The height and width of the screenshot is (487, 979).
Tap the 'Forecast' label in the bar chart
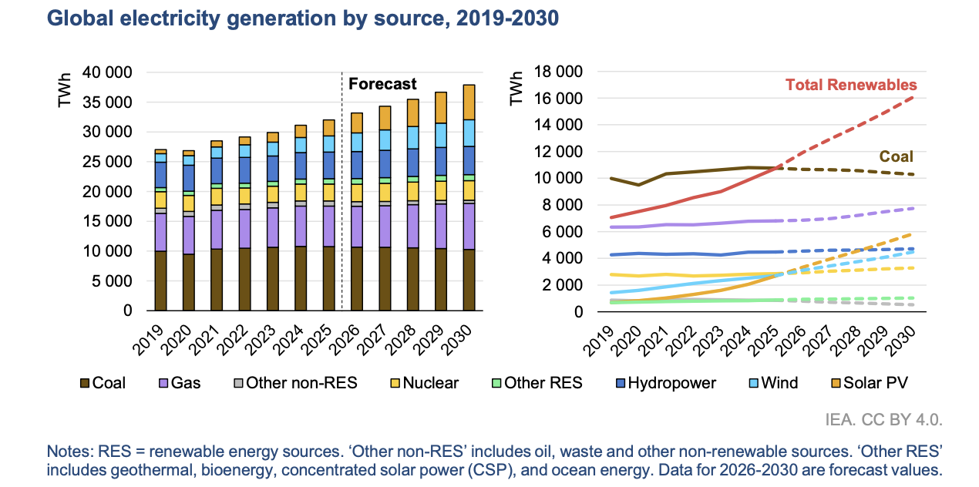[x=382, y=84]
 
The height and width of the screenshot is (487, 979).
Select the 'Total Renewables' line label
[x=851, y=85]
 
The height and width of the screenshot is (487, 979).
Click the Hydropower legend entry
[x=664, y=383]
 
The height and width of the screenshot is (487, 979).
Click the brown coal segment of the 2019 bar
[x=160, y=280]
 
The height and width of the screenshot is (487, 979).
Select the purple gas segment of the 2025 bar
[x=329, y=226]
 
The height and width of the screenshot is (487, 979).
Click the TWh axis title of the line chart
[x=516, y=88]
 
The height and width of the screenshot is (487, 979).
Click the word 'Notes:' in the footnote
[x=70, y=452]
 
